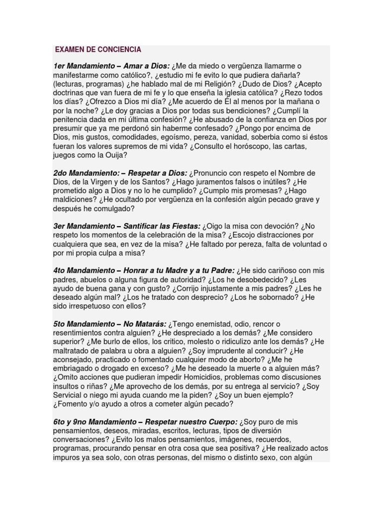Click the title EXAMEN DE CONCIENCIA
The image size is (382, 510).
[x=98, y=50]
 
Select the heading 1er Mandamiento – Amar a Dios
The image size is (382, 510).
[x=112, y=66]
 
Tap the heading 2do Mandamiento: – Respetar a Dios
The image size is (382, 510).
[x=120, y=173]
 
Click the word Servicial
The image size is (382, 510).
[x=70, y=395]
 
